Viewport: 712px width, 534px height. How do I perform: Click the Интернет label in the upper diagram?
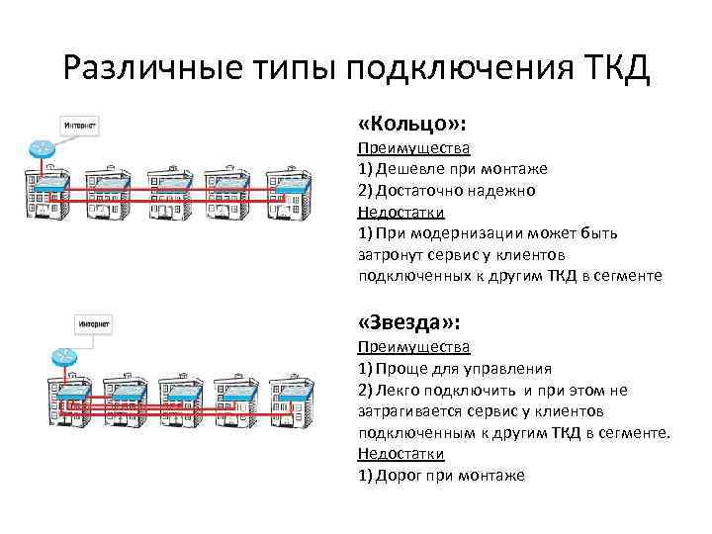tap(80, 127)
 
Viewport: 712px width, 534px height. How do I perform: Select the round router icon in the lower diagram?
tap(64, 356)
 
